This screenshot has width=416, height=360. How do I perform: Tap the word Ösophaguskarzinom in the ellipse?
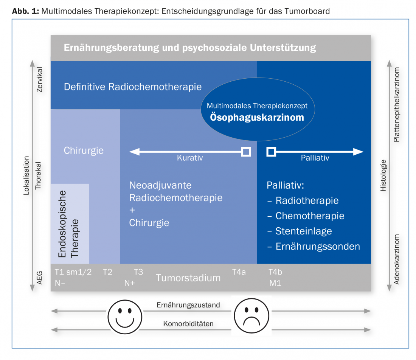pos(257,117)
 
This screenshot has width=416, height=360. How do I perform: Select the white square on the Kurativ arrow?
pos(246,152)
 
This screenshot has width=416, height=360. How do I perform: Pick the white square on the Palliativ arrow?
pos(271,152)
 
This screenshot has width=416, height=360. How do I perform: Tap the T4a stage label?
pos(239,272)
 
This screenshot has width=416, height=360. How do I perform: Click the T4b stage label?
pos(275,272)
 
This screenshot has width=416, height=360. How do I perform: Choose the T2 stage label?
pos(108,272)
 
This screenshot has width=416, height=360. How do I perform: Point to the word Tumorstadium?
pos(188,278)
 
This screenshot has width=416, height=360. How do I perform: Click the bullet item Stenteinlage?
pos(304,231)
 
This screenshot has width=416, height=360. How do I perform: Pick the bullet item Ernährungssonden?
pos(318,247)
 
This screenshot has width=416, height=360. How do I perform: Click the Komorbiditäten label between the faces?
pos(188,324)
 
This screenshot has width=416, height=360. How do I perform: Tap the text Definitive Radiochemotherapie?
pos(133,87)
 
